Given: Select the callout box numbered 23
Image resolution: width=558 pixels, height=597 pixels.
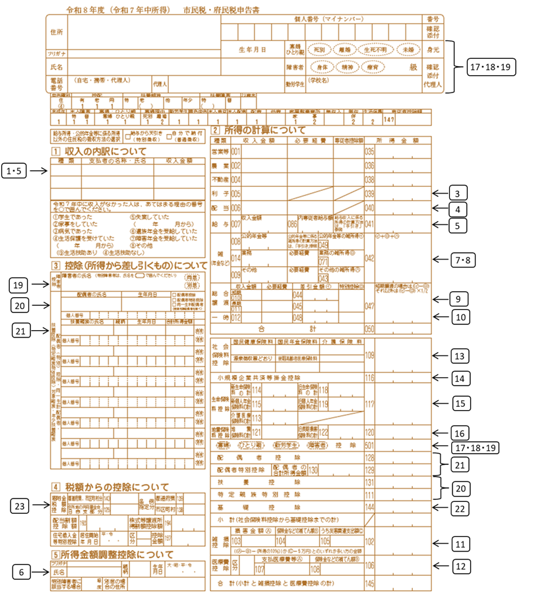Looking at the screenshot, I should click(x=23, y=507).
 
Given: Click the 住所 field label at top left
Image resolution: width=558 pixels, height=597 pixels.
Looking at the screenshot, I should click(x=56, y=32).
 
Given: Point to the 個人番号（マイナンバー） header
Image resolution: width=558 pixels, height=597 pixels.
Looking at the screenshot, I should click(x=323, y=19).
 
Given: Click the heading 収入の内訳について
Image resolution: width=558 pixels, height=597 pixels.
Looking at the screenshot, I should click(x=106, y=152).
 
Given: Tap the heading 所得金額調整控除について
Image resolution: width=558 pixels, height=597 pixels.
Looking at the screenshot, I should click(x=118, y=553).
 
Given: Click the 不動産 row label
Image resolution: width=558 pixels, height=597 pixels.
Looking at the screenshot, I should click(x=220, y=179).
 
